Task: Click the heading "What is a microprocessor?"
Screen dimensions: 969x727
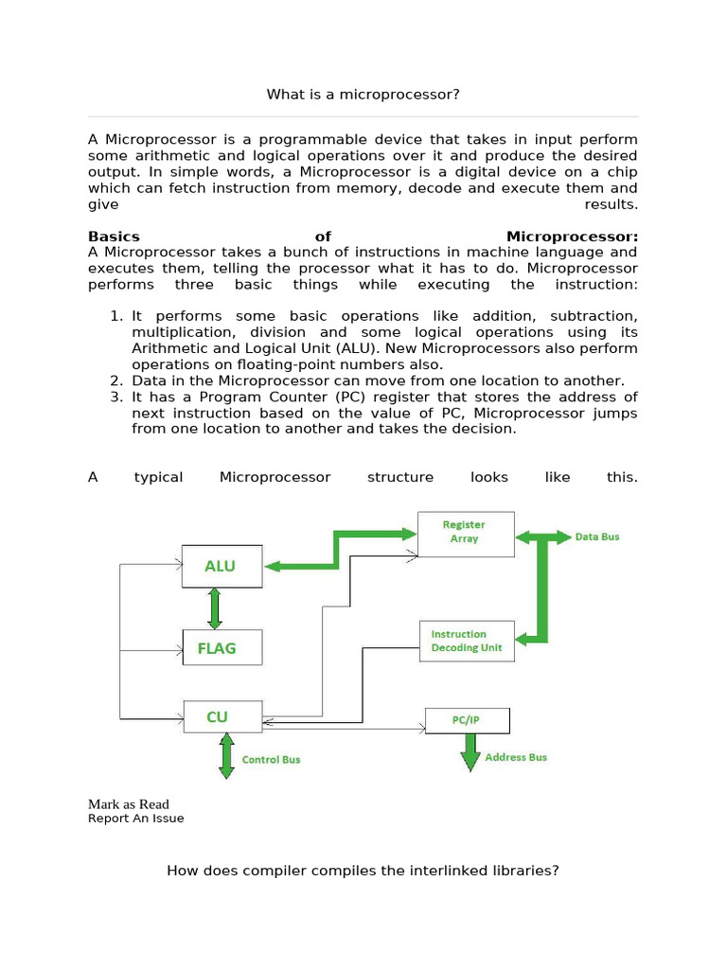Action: pyautogui.click(x=363, y=95)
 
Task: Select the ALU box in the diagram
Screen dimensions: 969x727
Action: pyautogui.click(x=222, y=566)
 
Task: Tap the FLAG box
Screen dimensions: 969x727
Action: pyautogui.click(x=222, y=648)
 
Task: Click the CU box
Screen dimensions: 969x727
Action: pyautogui.click(x=222, y=716)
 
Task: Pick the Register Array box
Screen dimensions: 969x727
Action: pyautogui.click(x=466, y=531)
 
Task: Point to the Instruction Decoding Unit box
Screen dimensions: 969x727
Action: pyautogui.click(x=467, y=641)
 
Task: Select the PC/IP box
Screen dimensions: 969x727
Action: pyautogui.click(x=467, y=721)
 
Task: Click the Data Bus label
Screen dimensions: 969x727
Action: pyautogui.click(x=597, y=537)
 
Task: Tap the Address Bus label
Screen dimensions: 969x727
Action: pyautogui.click(x=516, y=757)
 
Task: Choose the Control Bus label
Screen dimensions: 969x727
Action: pyautogui.click(x=271, y=759)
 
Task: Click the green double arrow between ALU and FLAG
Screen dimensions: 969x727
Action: pyautogui.click(x=215, y=608)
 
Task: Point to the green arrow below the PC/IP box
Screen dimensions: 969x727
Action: pyautogui.click(x=470, y=753)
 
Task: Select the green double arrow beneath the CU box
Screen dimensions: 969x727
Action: pyautogui.click(x=226, y=755)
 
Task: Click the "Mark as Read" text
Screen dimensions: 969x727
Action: pyautogui.click(x=128, y=804)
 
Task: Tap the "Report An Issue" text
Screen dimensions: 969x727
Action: pyautogui.click(x=135, y=819)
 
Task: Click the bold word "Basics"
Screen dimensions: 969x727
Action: pyautogui.click(x=114, y=237)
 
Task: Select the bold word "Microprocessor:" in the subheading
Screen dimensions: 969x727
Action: pyautogui.click(x=572, y=237)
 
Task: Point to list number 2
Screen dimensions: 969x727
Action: pyautogui.click(x=117, y=380)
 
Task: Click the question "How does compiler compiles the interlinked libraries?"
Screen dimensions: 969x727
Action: pyautogui.click(x=363, y=870)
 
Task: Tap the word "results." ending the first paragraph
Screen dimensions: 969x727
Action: pyautogui.click(x=611, y=204)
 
